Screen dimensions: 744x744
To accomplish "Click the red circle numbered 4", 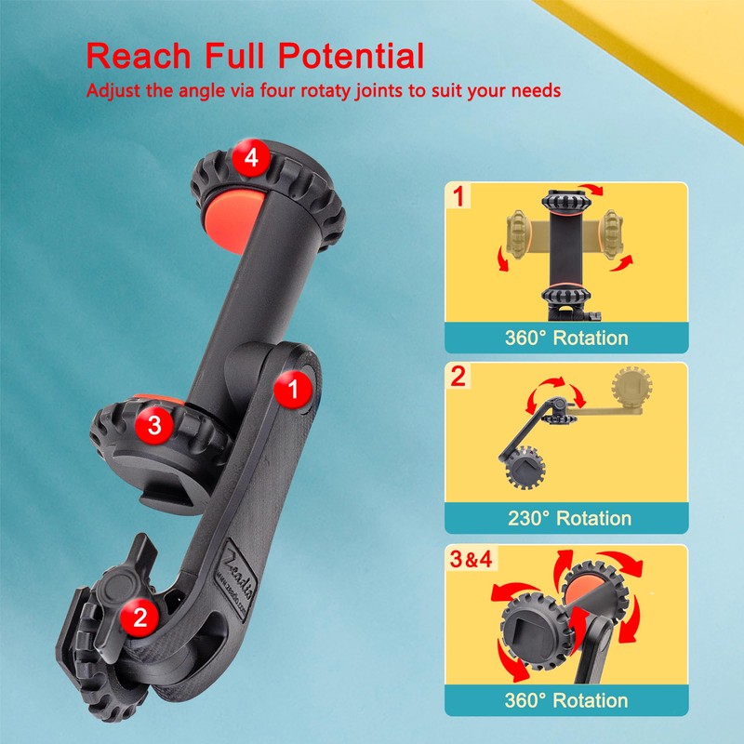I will point(248,158).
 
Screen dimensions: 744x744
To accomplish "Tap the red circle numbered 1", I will point(295,390).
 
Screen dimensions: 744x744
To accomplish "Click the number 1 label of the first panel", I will point(456,197).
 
